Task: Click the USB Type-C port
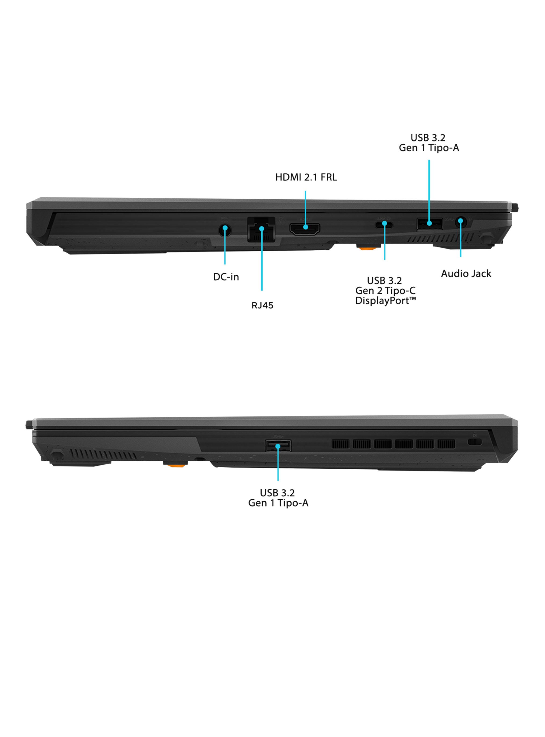coord(384,225)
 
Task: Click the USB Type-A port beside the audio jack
coord(429,224)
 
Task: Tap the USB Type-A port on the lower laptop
coord(278,446)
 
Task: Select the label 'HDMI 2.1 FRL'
coord(306,177)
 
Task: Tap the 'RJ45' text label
coord(262,305)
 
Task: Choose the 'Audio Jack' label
coord(466,273)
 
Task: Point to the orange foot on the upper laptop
coord(368,247)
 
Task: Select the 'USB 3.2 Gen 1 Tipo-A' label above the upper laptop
coord(429,142)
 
